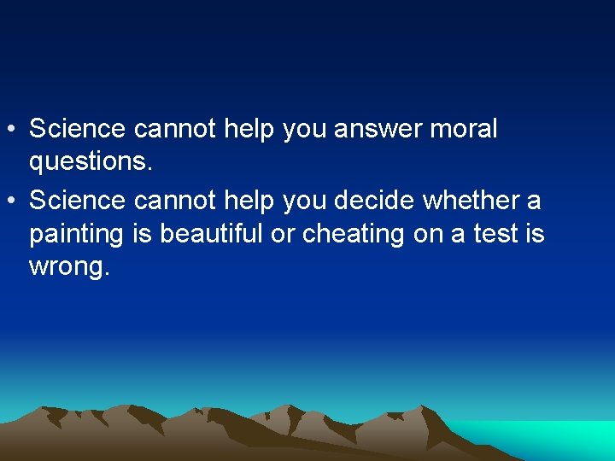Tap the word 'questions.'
91,162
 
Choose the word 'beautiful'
213,233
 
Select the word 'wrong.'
69,266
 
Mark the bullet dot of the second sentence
11,201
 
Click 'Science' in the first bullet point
78,130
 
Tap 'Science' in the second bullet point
78,201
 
